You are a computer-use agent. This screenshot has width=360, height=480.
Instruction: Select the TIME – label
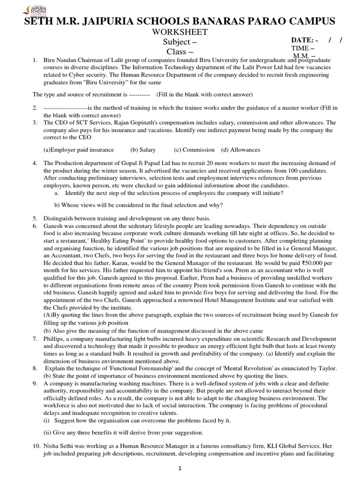coord(303,49)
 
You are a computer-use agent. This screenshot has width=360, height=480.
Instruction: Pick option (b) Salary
coord(143,150)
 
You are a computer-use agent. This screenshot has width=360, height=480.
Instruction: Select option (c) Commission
coord(191,150)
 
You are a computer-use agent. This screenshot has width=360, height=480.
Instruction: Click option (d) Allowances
coord(240,150)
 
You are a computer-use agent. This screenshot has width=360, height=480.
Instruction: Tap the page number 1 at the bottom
coord(180,468)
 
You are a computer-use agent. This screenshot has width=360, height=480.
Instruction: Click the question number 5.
coord(35,218)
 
